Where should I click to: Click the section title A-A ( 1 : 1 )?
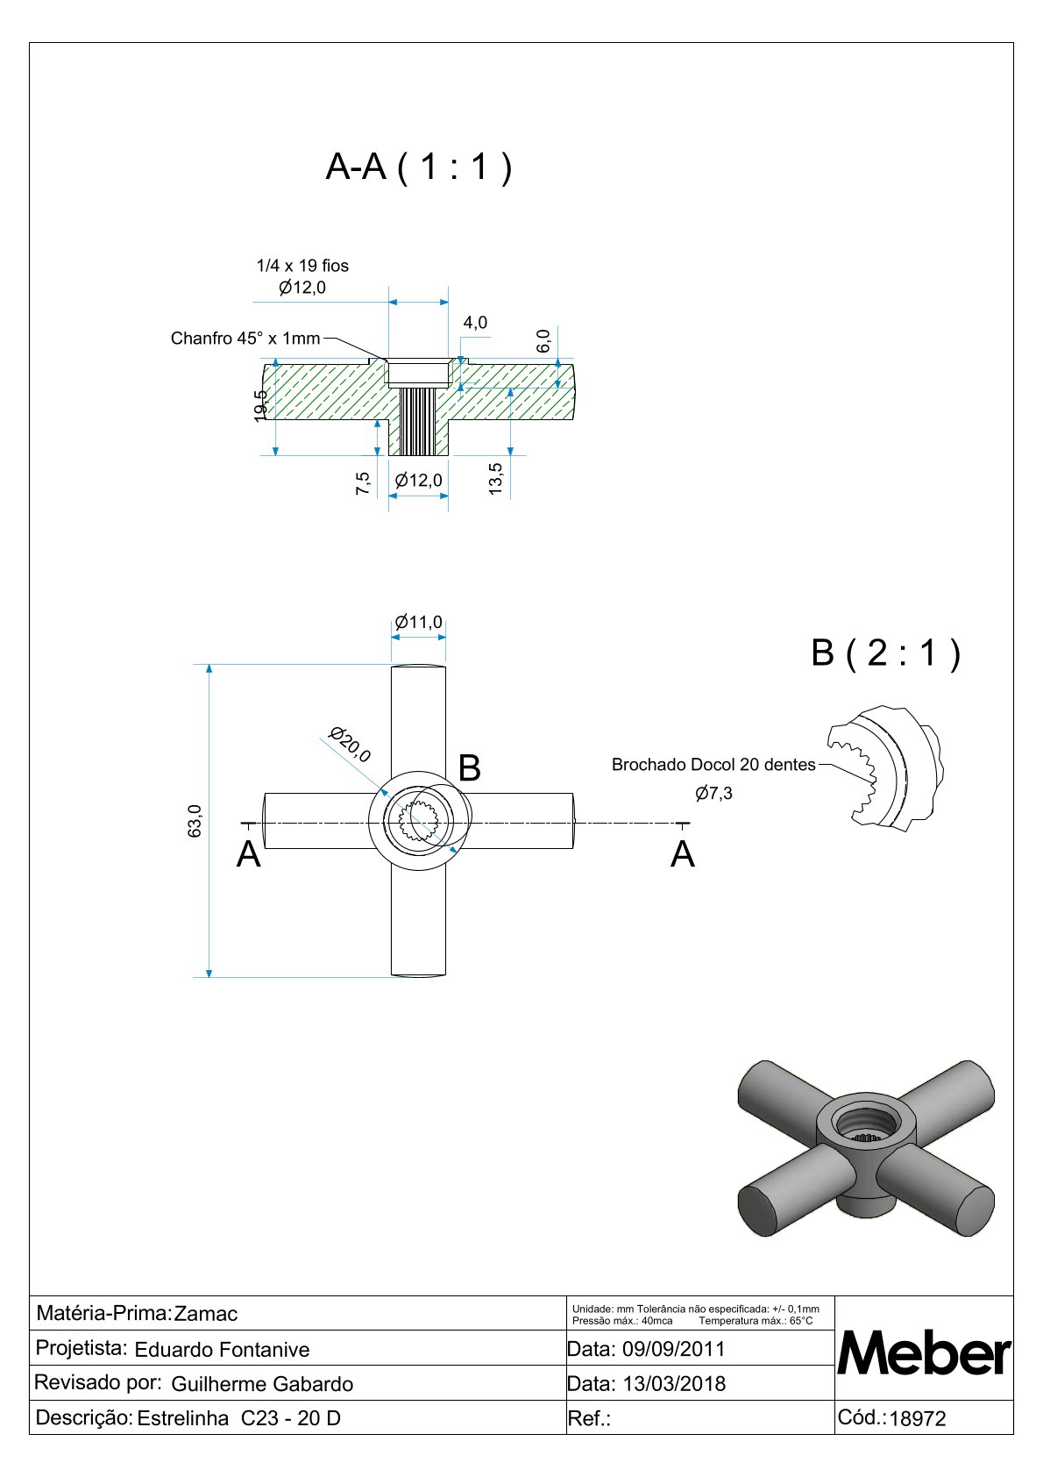point(418,166)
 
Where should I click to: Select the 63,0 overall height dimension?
point(195,821)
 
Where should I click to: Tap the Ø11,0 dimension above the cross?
point(418,622)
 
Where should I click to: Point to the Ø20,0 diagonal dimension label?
point(350,744)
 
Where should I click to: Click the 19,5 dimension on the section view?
point(260,405)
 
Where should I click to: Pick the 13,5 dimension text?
point(496,479)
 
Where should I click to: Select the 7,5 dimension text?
point(363,483)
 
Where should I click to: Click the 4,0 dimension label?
point(475,323)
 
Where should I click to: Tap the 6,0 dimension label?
point(543,340)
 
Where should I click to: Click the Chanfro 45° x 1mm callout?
point(245,339)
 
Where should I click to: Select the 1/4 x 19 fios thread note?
point(302,265)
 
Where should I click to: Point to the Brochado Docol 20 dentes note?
point(713,765)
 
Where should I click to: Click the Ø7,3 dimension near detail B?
point(713,794)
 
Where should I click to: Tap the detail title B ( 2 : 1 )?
point(885,653)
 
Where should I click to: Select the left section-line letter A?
point(249,854)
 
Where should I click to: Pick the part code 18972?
point(918,1418)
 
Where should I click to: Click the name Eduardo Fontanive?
point(222,1350)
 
